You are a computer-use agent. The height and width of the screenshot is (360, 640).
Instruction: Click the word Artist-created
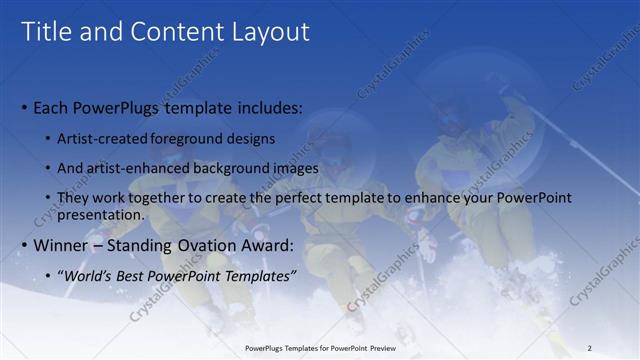[x=98, y=138]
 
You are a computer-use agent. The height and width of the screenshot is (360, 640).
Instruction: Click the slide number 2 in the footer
[x=589, y=348]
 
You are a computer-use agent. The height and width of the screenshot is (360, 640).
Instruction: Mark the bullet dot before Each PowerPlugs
[x=24, y=108]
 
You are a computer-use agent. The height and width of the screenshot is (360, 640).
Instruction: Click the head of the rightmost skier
[x=452, y=118]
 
